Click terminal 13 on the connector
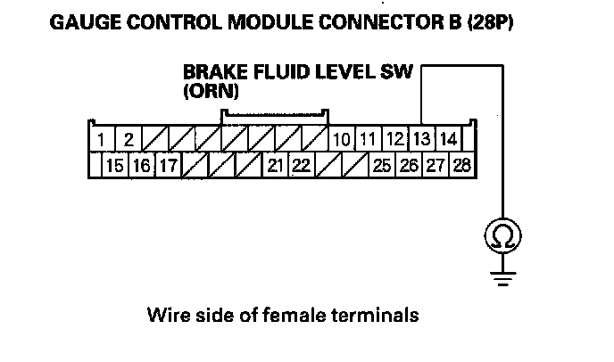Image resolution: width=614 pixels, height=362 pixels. (422, 139)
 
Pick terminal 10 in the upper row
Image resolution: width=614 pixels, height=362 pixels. (341, 139)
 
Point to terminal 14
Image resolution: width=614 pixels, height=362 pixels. (449, 139)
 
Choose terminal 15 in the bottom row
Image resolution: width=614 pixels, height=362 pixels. (114, 165)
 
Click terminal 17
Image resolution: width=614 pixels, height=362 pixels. (167, 165)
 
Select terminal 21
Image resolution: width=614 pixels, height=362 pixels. (275, 165)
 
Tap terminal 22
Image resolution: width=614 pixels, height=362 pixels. (302, 165)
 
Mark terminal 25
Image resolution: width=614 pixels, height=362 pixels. (382, 165)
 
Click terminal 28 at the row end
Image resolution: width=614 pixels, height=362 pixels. (461, 165)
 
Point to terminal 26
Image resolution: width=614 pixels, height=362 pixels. (409, 165)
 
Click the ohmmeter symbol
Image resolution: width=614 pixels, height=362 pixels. (502, 236)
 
